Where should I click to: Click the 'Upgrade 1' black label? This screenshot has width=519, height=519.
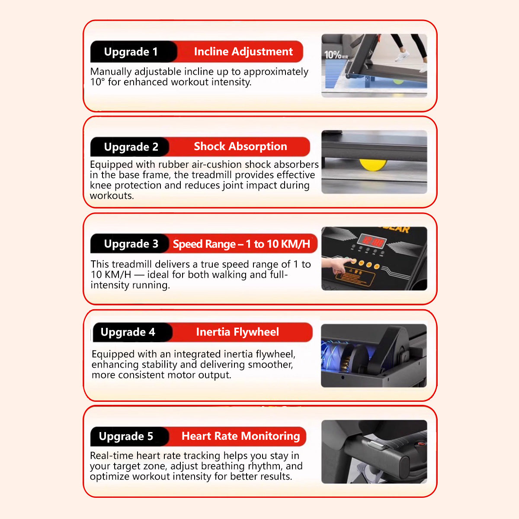click(131, 52)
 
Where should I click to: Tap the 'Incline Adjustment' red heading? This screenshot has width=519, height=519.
click(243, 51)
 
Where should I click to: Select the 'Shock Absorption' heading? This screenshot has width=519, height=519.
click(240, 146)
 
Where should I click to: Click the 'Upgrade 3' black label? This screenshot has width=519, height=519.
click(131, 244)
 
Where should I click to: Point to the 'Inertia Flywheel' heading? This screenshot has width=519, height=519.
click(237, 332)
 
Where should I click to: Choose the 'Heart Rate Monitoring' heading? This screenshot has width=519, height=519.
click(240, 436)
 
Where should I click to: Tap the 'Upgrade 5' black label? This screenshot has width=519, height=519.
click(126, 436)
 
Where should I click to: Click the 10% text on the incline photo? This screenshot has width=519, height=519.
click(333, 54)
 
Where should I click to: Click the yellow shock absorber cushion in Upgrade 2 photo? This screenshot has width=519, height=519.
click(373, 164)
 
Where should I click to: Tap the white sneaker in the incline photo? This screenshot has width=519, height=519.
click(402, 56)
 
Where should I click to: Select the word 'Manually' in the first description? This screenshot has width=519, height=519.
click(110, 72)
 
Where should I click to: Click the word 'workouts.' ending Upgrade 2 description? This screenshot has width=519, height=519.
click(112, 195)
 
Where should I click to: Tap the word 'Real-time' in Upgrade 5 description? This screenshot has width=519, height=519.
click(112, 455)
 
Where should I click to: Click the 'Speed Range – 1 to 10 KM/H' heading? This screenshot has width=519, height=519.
click(241, 244)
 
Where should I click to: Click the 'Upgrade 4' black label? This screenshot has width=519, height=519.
click(128, 332)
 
